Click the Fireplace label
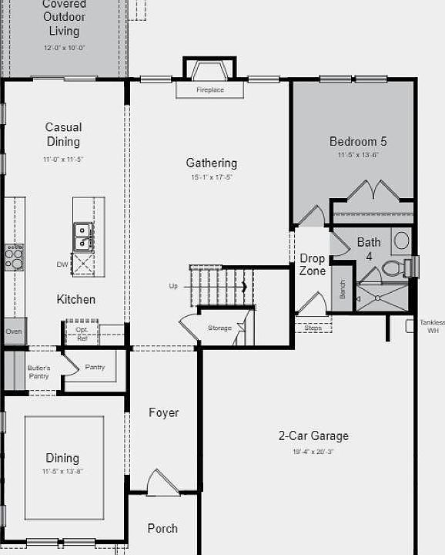tap(209, 90)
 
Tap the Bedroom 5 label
tap(358, 141)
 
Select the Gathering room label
tap(211, 163)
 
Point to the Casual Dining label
tap(63, 134)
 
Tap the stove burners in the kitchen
tap(14, 256)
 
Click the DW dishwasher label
tap(62, 264)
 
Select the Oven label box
tap(14, 331)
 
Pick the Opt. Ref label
tap(82, 334)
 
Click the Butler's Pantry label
tap(38, 372)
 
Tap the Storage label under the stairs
tap(219, 328)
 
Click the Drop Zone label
tap(313, 264)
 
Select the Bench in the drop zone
tap(343, 288)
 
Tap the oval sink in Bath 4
tap(402, 240)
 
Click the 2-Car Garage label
tap(313, 436)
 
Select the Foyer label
tap(164, 412)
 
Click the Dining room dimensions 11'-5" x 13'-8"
tap(62, 471)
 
